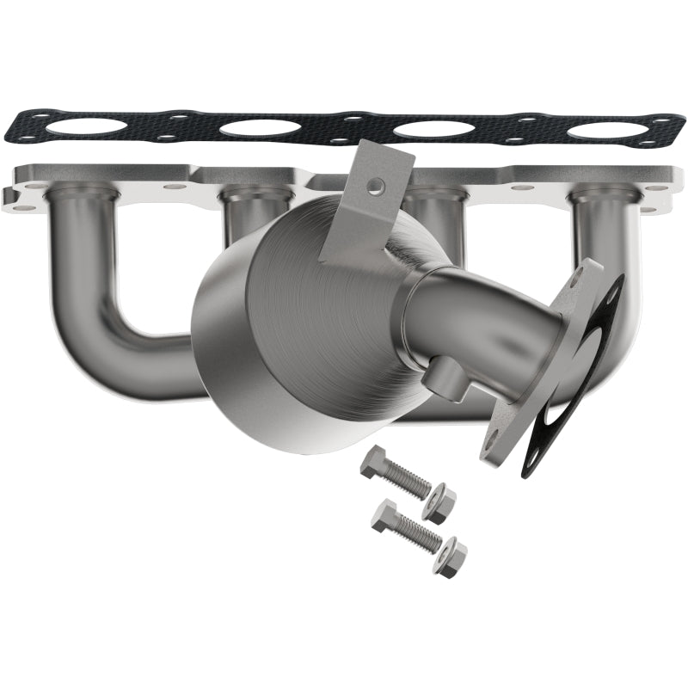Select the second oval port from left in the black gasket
(260, 128)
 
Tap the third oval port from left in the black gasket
(433, 130)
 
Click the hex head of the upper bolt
(374, 465)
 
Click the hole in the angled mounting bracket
(375, 184)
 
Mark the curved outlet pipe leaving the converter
(482, 318)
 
